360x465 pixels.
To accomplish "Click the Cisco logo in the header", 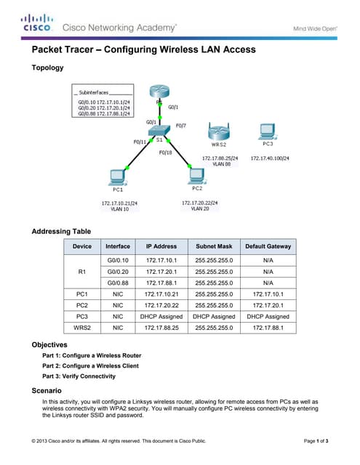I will [36, 23].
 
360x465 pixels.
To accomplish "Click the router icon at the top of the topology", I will [159, 92].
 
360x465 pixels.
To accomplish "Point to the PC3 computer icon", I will [268, 131].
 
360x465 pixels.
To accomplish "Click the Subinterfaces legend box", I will [104, 103].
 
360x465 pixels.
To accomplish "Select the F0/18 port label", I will [165, 153].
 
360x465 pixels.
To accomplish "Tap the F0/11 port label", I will [140, 142].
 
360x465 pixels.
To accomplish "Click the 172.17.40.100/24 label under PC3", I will [270, 158].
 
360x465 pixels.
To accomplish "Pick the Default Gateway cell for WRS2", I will [268, 328].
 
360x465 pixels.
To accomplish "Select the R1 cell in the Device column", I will [81, 271].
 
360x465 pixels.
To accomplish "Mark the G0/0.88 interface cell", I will [118, 283].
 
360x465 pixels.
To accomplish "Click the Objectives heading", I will [51, 344].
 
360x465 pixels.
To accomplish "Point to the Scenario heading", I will [49, 391].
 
